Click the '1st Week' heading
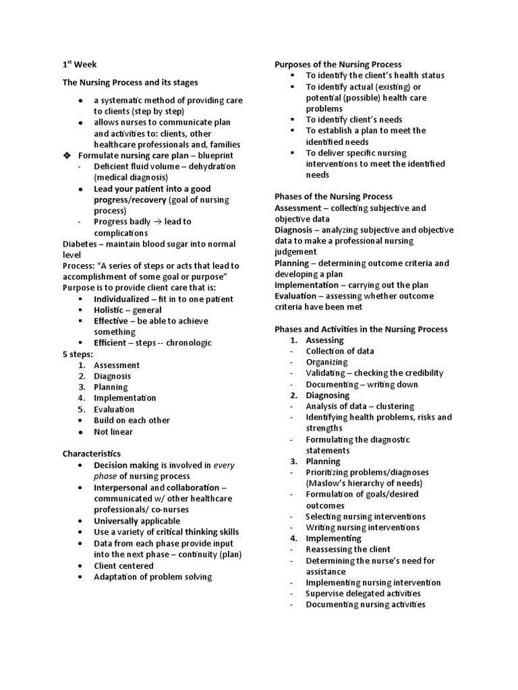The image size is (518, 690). pos(80,65)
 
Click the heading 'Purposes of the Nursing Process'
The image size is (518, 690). pos(338,65)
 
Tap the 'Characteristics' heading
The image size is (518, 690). pos(92,454)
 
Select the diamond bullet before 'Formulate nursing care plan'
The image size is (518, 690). pos(67,156)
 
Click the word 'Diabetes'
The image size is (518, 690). pos(81,244)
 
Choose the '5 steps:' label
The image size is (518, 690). pos(78,354)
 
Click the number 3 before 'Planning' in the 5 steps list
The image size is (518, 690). pos(80,387)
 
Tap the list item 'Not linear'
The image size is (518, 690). pos(113,432)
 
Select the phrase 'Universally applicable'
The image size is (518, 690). pos(137,521)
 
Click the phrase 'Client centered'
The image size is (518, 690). pos(123,566)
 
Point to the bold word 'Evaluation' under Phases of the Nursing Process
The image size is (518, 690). pos(296,296)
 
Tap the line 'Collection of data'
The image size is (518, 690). pos(340,351)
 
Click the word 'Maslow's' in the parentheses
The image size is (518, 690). pos(326,483)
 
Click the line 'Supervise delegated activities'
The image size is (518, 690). pos(363,594)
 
